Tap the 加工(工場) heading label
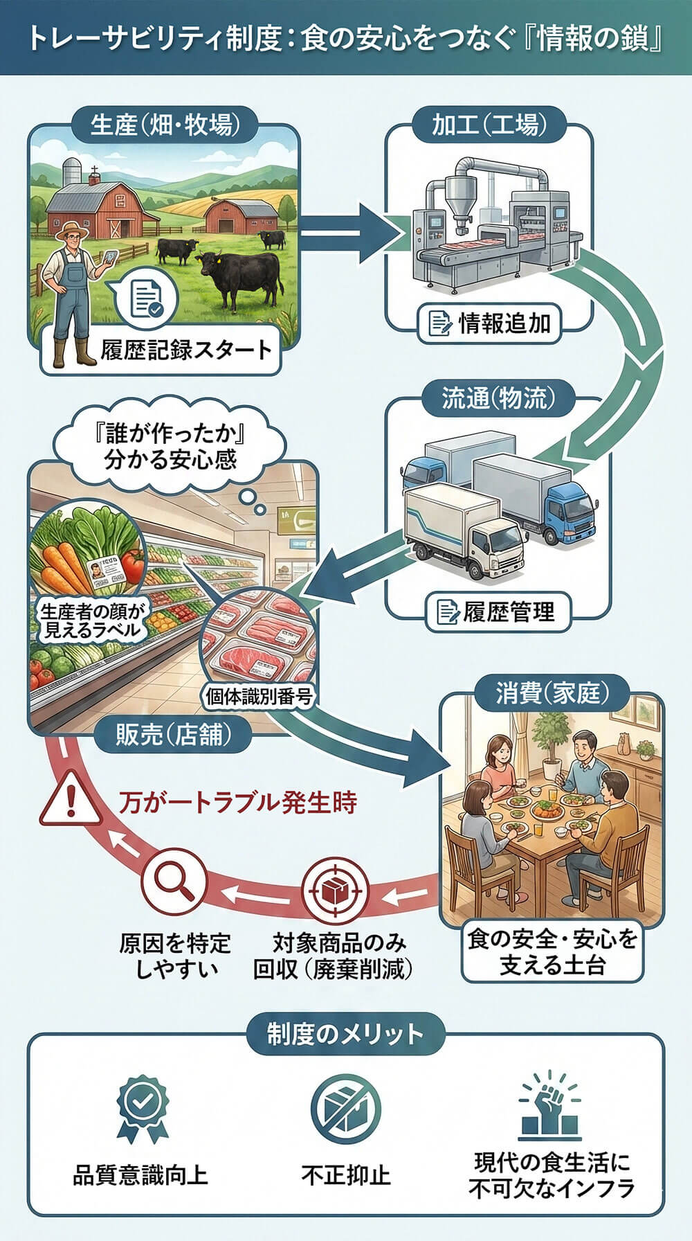[489, 125]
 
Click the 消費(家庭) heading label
[552, 693]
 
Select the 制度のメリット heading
[345, 1035]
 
